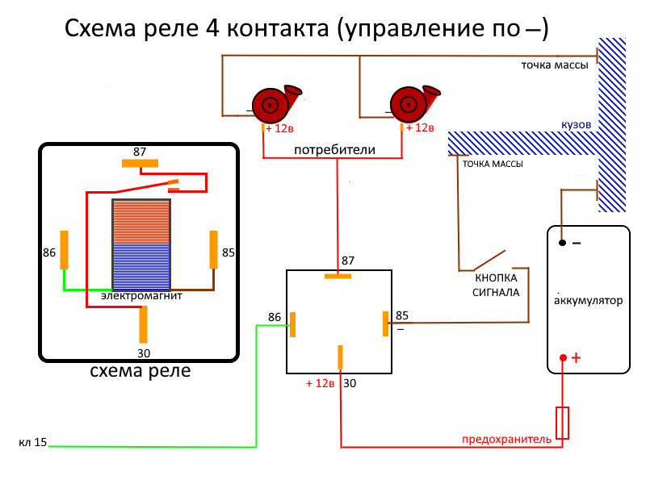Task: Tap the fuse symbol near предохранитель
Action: (563, 423)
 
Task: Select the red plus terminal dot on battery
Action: (563, 357)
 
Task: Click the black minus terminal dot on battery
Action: (561, 240)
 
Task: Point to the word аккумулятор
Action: (589, 301)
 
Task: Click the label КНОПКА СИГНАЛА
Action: (496, 286)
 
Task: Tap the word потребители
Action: (334, 151)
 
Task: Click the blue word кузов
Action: (577, 127)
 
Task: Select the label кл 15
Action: (33, 443)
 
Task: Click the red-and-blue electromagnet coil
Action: (141, 244)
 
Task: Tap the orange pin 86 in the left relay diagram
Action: (65, 250)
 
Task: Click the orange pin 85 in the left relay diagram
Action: (214, 249)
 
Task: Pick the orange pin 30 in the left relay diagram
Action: (143, 324)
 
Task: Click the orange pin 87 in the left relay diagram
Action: (141, 163)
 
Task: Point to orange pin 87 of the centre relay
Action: (338, 276)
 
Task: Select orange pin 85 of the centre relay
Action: (385, 323)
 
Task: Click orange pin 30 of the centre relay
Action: (341, 357)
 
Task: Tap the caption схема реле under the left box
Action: (141, 372)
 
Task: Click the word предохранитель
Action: (506, 440)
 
